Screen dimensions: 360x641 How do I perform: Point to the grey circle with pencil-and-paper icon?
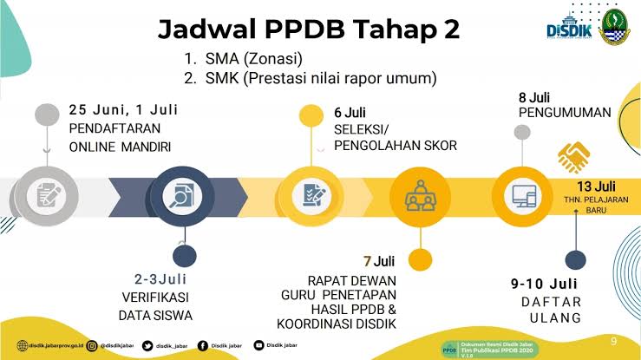44,194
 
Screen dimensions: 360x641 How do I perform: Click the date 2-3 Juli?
163,280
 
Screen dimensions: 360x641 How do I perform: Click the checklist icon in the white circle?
314,194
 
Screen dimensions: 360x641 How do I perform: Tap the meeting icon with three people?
419,194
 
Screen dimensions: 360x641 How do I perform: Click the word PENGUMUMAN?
565,113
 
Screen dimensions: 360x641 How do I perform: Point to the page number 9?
614,339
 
